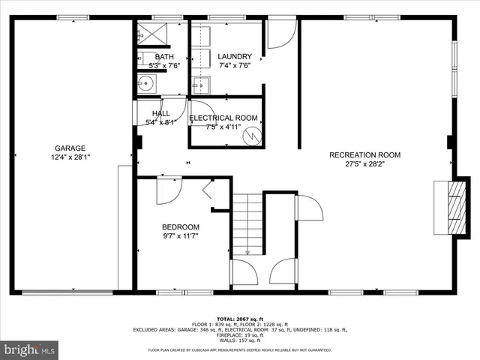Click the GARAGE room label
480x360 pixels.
click(x=70, y=148)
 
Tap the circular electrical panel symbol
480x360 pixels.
click(x=255, y=136)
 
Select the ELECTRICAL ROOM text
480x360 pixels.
click(x=223, y=118)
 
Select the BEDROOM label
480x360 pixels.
click(x=181, y=227)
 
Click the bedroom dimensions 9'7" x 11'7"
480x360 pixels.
click(x=181, y=237)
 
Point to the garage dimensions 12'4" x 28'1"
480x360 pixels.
click(x=70, y=157)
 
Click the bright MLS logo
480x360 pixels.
click(x=30, y=349)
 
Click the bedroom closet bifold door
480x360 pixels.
click(x=211, y=193)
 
